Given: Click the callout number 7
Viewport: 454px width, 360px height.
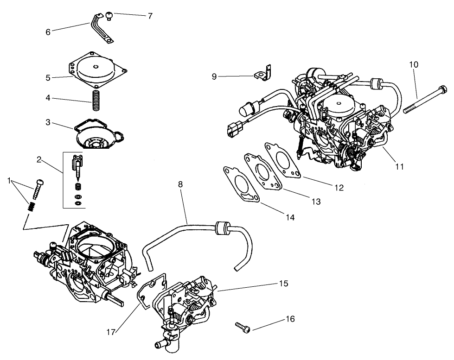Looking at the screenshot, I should pyautogui.click(x=150, y=16).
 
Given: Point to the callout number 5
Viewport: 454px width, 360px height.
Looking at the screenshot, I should pyautogui.click(x=48, y=78).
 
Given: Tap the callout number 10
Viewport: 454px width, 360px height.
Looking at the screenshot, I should pyautogui.click(x=414, y=64).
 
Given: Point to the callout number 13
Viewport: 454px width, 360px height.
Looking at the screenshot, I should pyautogui.click(x=316, y=202).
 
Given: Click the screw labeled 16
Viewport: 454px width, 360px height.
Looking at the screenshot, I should pyautogui.click(x=243, y=328).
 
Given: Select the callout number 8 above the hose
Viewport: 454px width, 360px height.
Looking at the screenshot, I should pyautogui.click(x=180, y=184).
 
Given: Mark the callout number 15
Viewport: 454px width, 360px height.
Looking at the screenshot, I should pyautogui.click(x=283, y=284).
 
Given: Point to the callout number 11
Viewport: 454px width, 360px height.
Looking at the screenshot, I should pyautogui.click(x=399, y=166).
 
